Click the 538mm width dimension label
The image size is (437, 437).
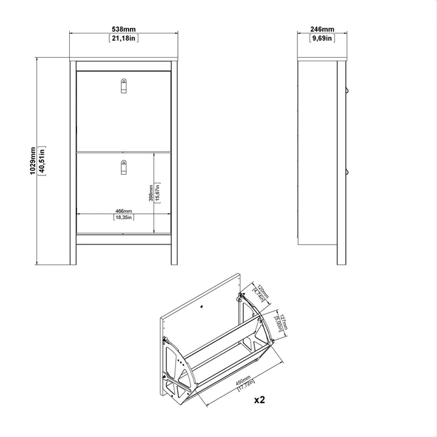click(x=123, y=29)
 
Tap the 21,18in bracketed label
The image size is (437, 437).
click(x=123, y=38)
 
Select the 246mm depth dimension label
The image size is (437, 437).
click(x=322, y=29)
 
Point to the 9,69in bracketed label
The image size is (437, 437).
click(x=322, y=38)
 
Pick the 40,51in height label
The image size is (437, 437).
click(x=41, y=161)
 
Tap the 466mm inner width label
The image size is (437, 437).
click(x=123, y=211)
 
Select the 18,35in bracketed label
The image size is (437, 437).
click(x=123, y=217)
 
